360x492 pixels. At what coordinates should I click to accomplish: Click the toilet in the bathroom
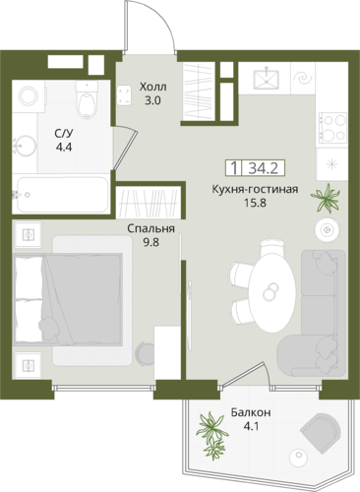pyautogui.click(x=87, y=99)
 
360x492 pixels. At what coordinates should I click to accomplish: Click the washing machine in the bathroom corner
pyautogui.click(x=29, y=96)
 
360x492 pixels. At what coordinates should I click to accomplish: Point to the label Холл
pyautogui.click(x=152, y=88)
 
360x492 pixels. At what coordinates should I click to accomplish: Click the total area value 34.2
pyautogui.click(x=264, y=168)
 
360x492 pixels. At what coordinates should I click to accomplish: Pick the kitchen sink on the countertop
pyautogui.click(x=267, y=79)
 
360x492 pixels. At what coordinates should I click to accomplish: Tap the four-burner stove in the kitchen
pyautogui.click(x=332, y=128)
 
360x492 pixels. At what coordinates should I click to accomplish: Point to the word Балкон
pyautogui.click(x=251, y=412)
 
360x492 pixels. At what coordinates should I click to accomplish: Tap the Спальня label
pyautogui.click(x=150, y=228)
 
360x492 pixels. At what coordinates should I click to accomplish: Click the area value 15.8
pyautogui.click(x=255, y=203)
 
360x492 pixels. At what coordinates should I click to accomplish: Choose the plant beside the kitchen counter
pyautogui.click(x=325, y=198)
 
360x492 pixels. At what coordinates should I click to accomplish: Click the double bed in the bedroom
pyautogui.click(x=68, y=299)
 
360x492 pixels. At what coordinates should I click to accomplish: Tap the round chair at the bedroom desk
pyautogui.click(x=145, y=353)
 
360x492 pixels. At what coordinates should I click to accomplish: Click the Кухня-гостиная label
pyautogui.click(x=255, y=190)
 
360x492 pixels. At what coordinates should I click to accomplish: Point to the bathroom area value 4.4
pyautogui.click(x=64, y=148)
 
